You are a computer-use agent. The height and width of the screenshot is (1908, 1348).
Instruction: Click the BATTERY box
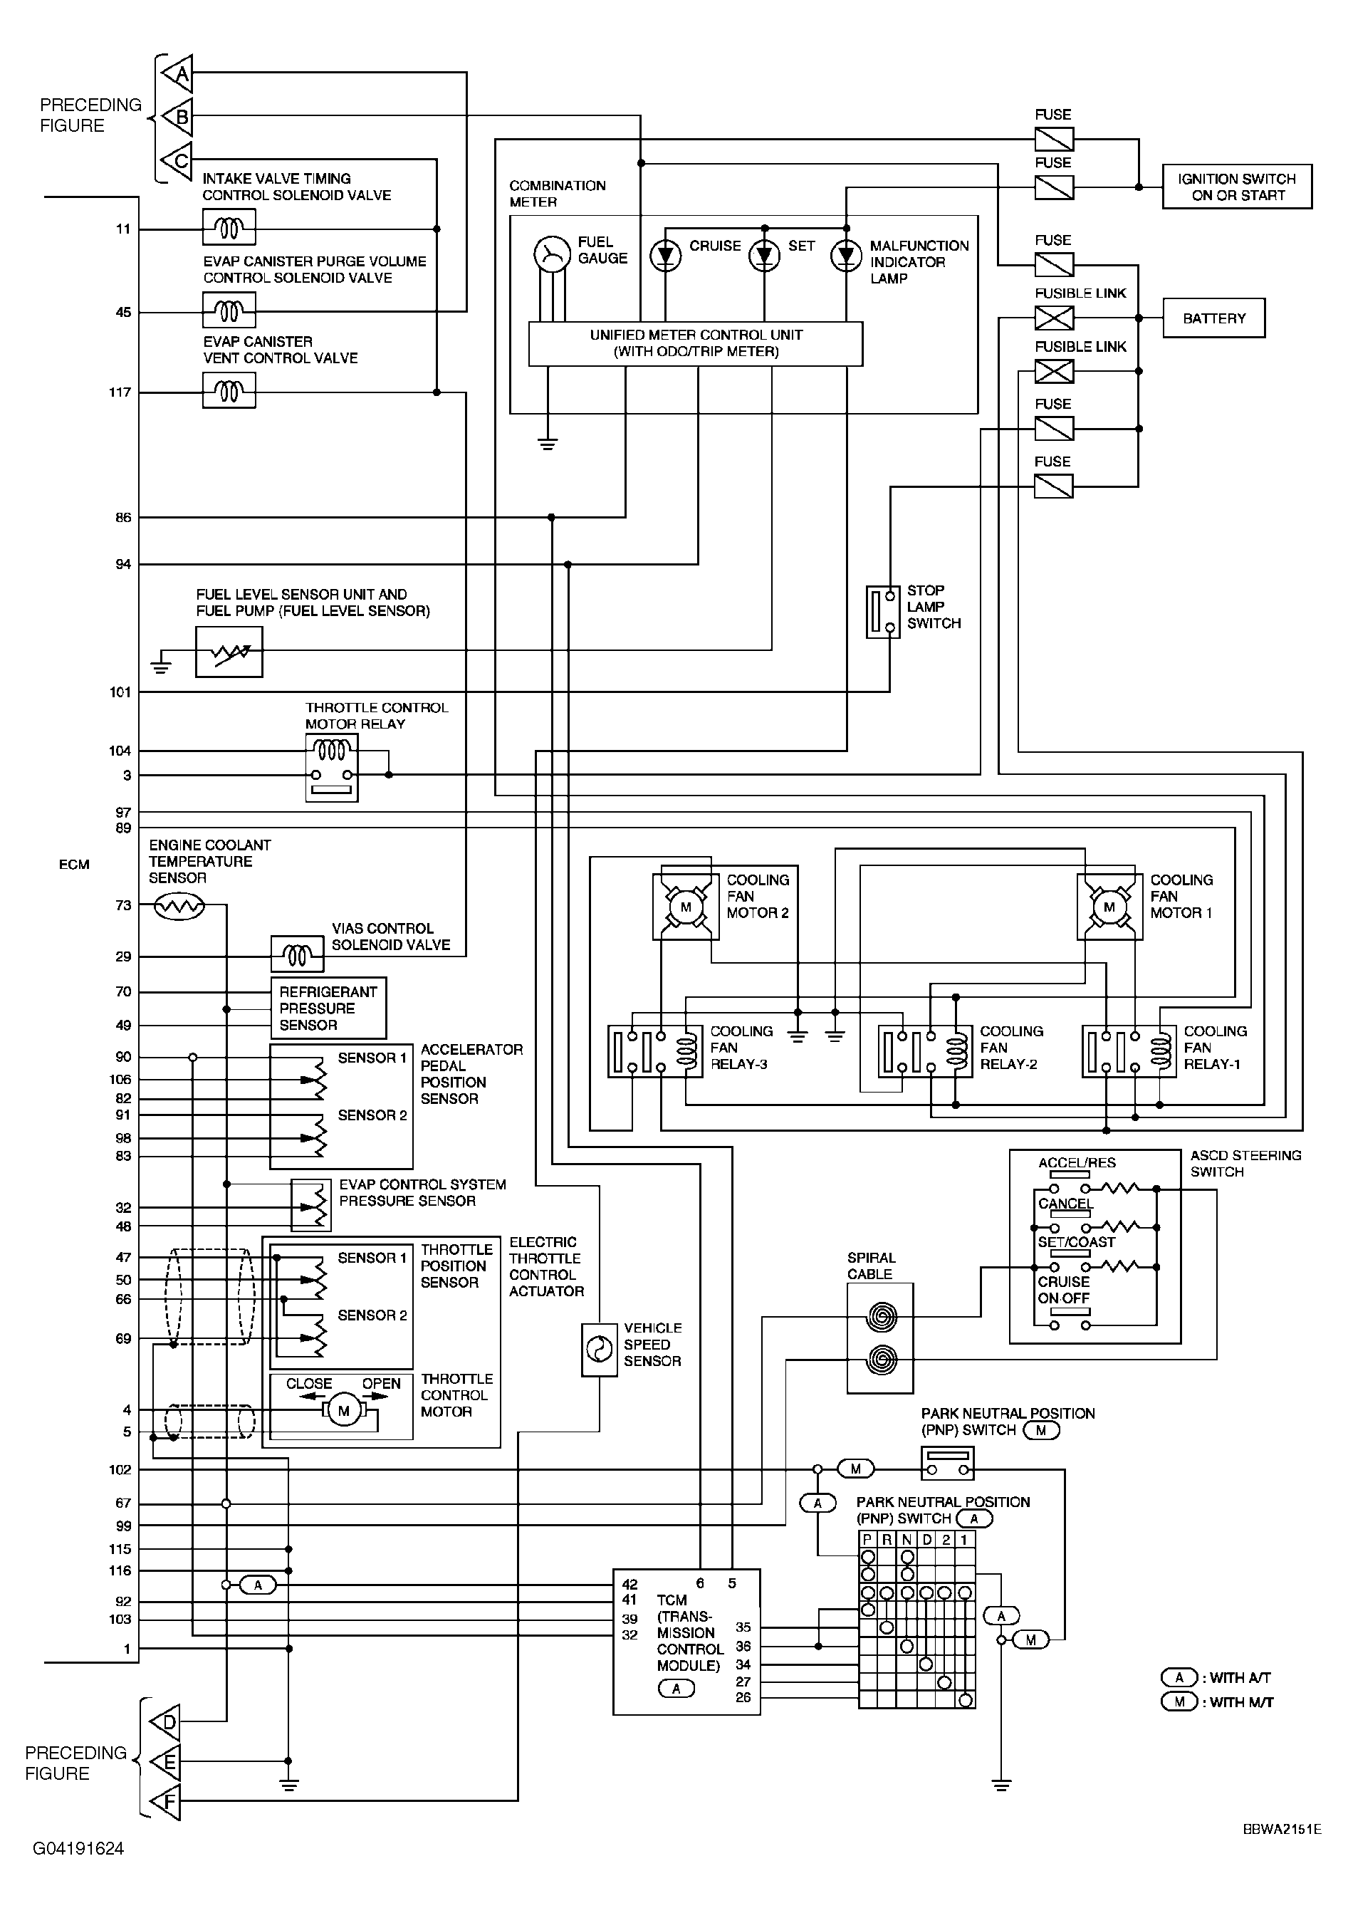tap(1213, 318)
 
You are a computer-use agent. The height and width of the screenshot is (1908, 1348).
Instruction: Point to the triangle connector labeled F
tap(165, 1802)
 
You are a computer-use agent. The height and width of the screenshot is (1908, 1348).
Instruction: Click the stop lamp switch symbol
tap(882, 612)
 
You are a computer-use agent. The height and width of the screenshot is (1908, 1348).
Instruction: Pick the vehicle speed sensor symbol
tap(599, 1350)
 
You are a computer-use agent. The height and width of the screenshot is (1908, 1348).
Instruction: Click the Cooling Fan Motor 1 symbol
tap(1109, 907)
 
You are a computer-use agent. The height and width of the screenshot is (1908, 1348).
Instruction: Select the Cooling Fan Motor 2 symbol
tap(686, 907)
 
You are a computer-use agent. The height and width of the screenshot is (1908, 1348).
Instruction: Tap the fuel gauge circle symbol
tap(552, 254)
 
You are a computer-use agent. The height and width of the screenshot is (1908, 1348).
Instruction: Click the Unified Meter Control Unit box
tap(696, 343)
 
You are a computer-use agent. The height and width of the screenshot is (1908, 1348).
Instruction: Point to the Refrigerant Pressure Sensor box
tap(328, 1008)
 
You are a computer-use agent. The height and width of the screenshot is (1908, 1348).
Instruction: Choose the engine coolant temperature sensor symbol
tap(179, 905)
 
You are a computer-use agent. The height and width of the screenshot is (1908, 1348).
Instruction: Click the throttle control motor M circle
tap(343, 1411)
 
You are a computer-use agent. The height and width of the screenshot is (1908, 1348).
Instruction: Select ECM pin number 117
tap(120, 392)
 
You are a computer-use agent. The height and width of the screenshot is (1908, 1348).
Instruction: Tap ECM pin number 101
tap(120, 692)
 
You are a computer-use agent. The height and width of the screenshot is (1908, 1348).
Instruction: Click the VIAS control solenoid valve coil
tap(298, 956)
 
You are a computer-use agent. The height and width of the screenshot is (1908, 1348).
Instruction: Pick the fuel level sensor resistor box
tap(229, 652)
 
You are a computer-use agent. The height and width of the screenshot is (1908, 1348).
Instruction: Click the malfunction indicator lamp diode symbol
tap(846, 255)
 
